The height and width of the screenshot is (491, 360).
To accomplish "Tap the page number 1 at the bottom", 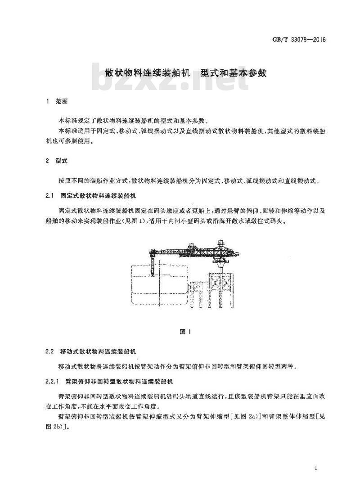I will (316, 469).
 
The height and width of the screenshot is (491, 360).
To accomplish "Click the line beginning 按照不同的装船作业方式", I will (189, 181).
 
